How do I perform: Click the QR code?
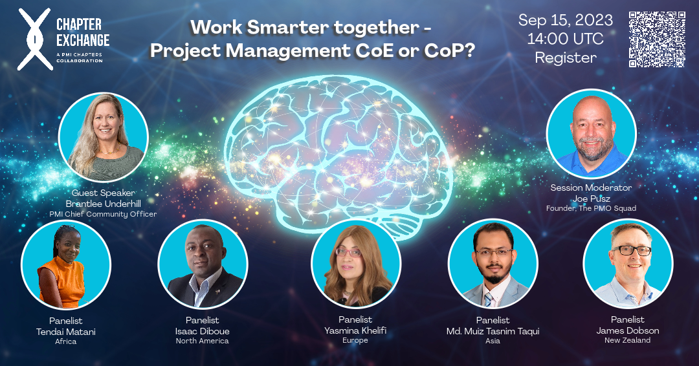click(656, 39)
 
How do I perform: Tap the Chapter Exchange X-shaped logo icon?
click(34, 39)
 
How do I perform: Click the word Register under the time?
click(565, 58)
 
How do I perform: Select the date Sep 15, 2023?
click(565, 20)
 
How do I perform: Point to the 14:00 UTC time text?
click(565, 39)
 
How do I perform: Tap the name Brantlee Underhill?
click(103, 203)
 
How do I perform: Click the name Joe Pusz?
click(591, 198)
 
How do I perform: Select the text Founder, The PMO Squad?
click(591, 208)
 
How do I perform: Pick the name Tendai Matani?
click(65, 331)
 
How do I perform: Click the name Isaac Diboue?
click(203, 331)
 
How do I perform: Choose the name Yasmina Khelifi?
click(355, 330)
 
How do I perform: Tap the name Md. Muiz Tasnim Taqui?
click(493, 331)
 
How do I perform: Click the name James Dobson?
click(628, 330)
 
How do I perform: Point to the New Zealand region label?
click(628, 340)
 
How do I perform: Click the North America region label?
click(203, 341)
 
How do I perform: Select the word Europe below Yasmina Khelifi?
click(355, 340)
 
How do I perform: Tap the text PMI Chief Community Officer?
click(103, 214)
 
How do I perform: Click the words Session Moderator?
click(591, 188)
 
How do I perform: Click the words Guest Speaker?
click(103, 193)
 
